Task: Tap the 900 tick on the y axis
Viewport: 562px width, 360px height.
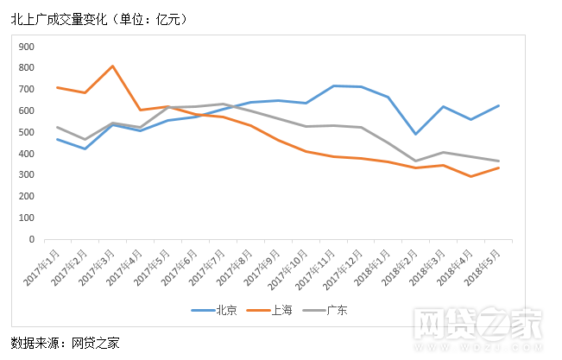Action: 26,47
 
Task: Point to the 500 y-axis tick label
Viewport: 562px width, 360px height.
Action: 26,132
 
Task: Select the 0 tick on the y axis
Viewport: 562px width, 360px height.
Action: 32,239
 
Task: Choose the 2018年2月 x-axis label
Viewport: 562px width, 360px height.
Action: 405,267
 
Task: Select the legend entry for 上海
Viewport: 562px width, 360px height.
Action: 272,310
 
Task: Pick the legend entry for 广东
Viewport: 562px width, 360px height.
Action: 327,310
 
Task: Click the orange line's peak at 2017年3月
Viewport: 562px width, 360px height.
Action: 113,66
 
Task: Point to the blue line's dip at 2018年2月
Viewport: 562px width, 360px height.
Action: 416,134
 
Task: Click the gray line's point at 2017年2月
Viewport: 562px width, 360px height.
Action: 85,139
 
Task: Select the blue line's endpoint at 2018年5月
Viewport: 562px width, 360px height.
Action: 499,105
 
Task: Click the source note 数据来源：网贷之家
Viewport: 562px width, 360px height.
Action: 66,343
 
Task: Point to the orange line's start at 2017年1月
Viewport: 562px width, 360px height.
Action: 57,87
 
